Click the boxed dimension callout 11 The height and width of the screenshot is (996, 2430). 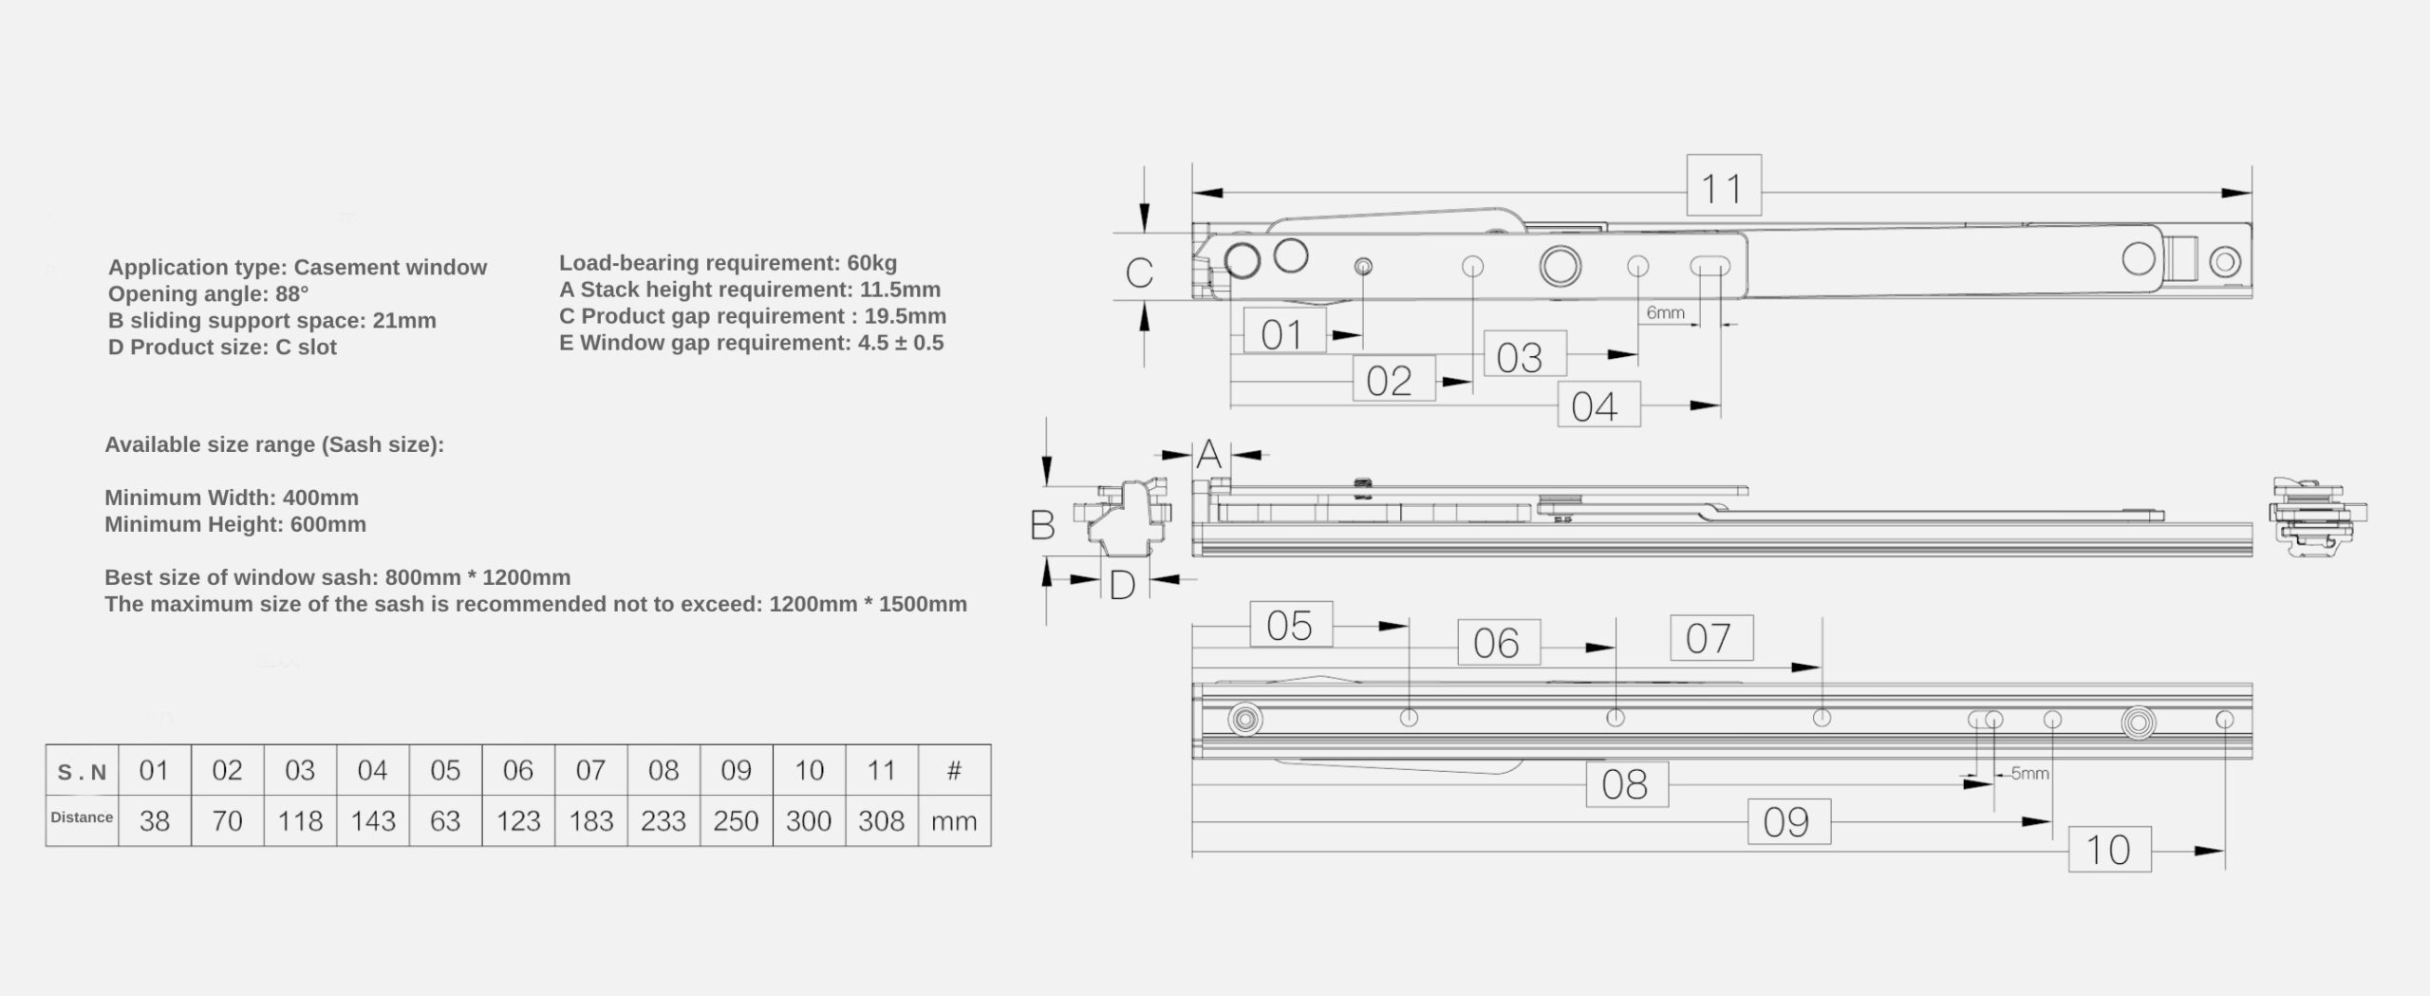[x=1723, y=186]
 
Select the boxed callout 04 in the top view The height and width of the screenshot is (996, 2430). [x=1599, y=404]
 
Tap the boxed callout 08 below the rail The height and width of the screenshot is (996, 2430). [x=1627, y=784]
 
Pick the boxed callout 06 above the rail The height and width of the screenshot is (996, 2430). [x=1499, y=643]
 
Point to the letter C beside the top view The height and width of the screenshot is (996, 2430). [x=1139, y=272]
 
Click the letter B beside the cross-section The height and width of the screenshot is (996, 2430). [x=1042, y=525]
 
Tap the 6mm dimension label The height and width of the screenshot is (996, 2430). [x=1665, y=312]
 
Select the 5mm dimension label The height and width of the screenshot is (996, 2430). [x=2029, y=773]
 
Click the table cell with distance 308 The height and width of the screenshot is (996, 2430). [x=882, y=820]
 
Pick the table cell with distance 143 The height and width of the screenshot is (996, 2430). [x=373, y=820]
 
